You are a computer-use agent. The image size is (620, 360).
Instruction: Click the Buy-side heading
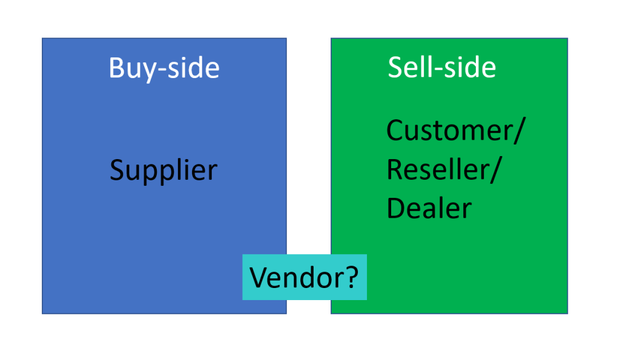point(164,68)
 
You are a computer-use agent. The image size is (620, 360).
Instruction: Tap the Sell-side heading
point(442,67)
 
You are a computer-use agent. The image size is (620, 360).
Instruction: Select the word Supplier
point(163,171)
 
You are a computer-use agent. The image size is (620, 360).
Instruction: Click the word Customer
point(448,130)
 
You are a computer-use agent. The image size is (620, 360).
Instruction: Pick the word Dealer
point(429,208)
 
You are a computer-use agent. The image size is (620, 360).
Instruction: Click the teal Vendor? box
point(305,277)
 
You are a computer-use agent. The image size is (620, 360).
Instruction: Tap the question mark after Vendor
point(352,277)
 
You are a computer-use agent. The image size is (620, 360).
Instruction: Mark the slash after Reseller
point(495,170)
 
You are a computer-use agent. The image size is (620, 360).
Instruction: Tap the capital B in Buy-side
point(116,68)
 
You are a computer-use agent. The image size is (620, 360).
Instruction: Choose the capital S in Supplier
point(117,171)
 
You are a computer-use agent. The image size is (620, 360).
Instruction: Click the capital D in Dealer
point(396,208)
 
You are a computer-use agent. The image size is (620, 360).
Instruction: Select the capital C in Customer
point(396,130)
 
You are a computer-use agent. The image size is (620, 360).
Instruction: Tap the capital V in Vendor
point(259,277)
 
